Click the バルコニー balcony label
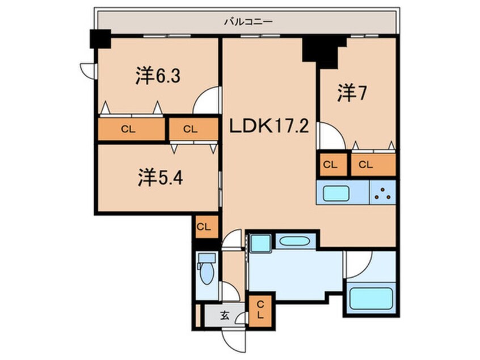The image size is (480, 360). [x=248, y=22]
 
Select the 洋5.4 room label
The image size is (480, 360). [x=159, y=178]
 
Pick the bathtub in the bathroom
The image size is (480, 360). [x=371, y=298]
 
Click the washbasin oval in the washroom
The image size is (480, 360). [x=294, y=241]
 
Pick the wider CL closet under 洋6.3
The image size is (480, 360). [x=131, y=129]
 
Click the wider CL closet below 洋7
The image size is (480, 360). [x=373, y=165]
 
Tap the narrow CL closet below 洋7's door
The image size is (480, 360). [x=330, y=165]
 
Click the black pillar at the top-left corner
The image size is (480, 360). [x=100, y=39]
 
